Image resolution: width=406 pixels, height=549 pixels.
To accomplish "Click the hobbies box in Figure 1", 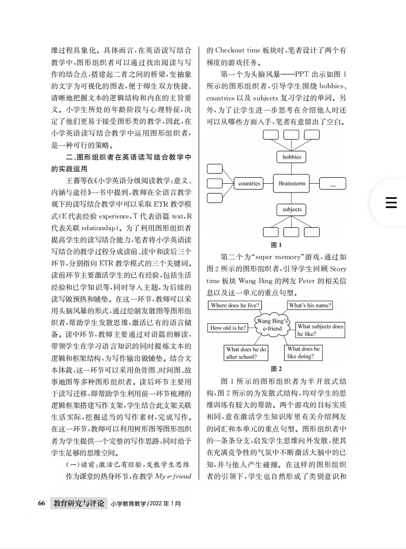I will coord(292,157).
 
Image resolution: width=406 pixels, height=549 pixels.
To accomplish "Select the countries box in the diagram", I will coord(249,184).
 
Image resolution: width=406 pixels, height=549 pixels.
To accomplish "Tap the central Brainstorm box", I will coord(292,184).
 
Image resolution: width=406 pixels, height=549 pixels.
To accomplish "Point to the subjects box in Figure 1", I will coord(292,210).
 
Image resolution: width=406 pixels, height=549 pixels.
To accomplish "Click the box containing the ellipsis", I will coord(332,184).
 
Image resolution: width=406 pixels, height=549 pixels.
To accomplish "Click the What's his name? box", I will coord(310,306).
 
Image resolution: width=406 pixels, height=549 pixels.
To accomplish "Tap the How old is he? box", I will coord(228,328).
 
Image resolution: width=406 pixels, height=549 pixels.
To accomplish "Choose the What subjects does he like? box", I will coord(320,330).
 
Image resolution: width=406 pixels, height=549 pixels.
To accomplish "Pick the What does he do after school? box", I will coord(246,353).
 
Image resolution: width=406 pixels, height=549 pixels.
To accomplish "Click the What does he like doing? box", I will coord(304,353).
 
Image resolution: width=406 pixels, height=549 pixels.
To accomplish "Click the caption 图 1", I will coord(277,244).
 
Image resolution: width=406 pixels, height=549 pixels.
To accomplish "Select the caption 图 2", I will coord(277,369).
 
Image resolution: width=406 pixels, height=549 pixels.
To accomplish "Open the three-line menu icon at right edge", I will coord(391,203).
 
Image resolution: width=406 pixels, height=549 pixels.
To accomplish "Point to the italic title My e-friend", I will coord(173,476).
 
